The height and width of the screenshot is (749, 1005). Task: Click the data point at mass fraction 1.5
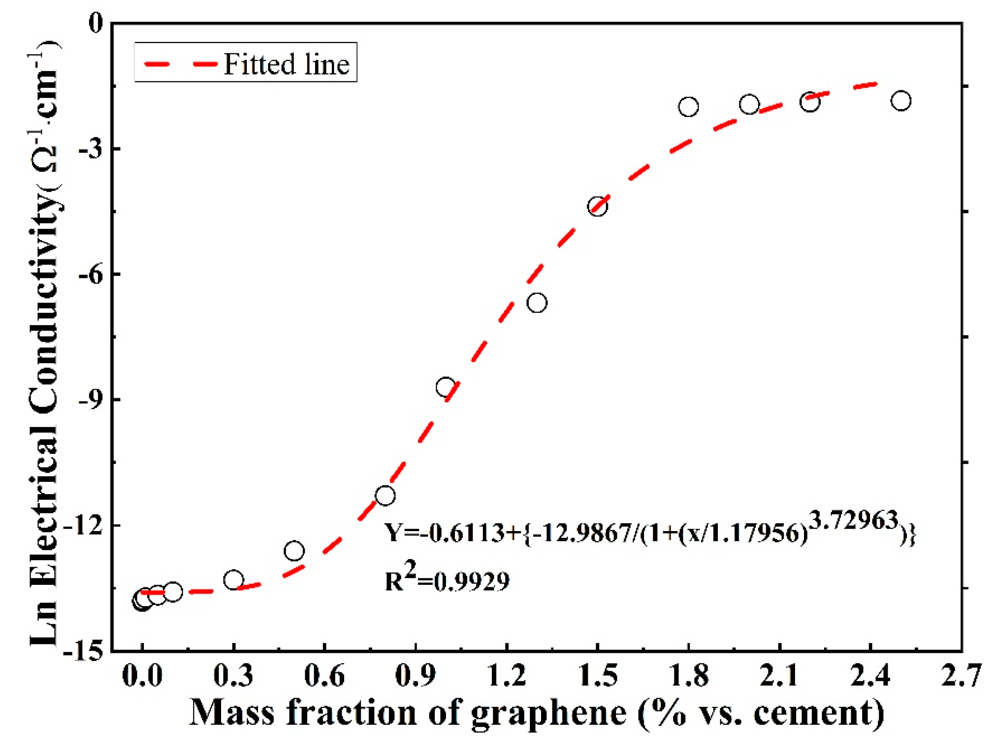(x=597, y=207)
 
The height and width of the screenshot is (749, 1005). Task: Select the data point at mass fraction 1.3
(x=537, y=303)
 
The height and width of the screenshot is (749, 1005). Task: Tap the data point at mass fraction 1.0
(x=446, y=387)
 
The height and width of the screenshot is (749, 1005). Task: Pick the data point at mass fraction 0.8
(x=385, y=495)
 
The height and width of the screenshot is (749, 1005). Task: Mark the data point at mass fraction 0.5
(x=294, y=551)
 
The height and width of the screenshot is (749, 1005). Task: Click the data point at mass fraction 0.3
(x=234, y=580)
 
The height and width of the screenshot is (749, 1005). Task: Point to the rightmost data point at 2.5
(x=900, y=101)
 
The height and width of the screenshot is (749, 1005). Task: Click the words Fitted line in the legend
(x=286, y=64)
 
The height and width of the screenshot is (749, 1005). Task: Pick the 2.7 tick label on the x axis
(x=962, y=676)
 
